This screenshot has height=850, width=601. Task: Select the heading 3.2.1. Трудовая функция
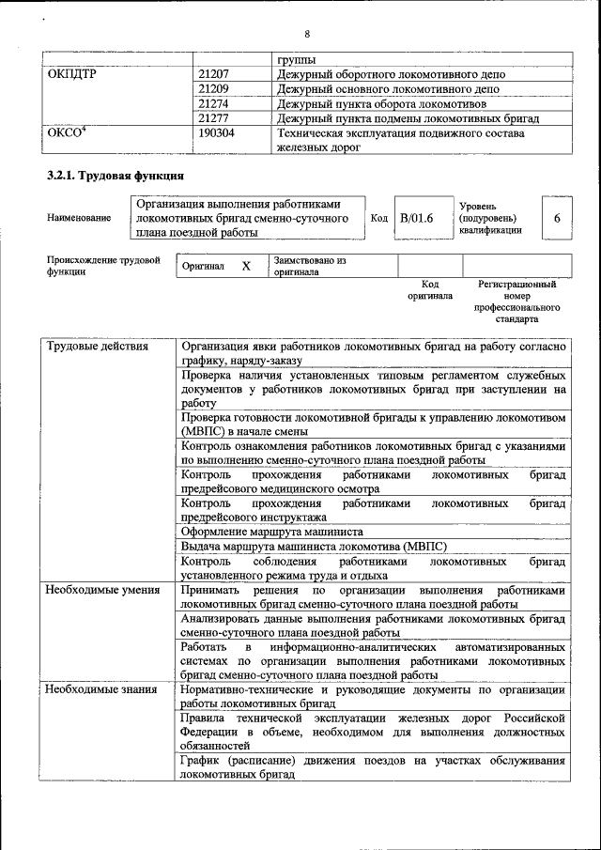115,176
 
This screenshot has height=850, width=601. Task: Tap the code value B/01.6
417,218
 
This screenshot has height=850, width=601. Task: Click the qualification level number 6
557,218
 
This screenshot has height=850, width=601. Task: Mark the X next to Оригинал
246,266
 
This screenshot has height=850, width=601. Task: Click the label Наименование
78,218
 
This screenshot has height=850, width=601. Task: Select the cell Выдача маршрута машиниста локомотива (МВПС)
314,546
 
